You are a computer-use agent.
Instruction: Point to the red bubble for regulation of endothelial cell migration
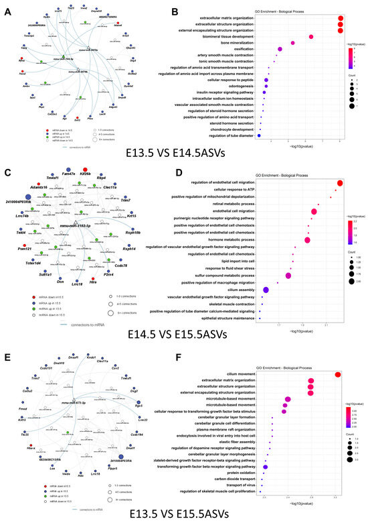[x=339, y=184]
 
